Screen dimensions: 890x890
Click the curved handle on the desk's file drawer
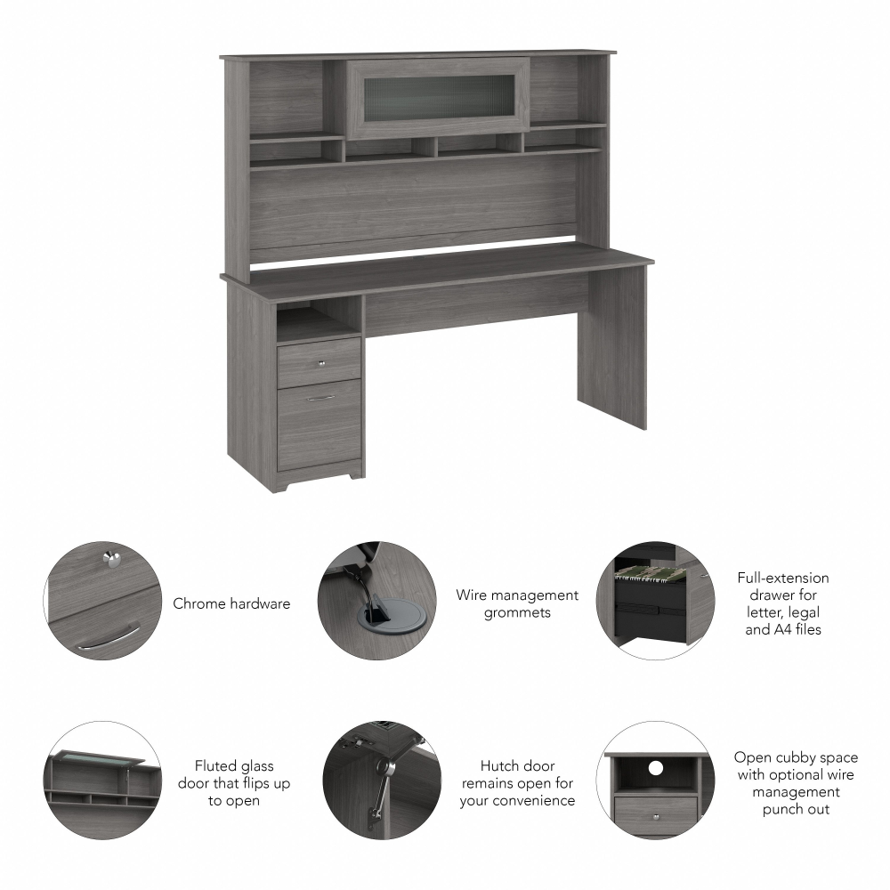point(321,398)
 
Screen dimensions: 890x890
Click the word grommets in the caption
point(517,612)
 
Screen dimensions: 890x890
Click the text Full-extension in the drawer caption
point(782,578)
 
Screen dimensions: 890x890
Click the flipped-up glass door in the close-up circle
point(99,757)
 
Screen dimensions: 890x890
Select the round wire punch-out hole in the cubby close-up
point(657,767)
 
